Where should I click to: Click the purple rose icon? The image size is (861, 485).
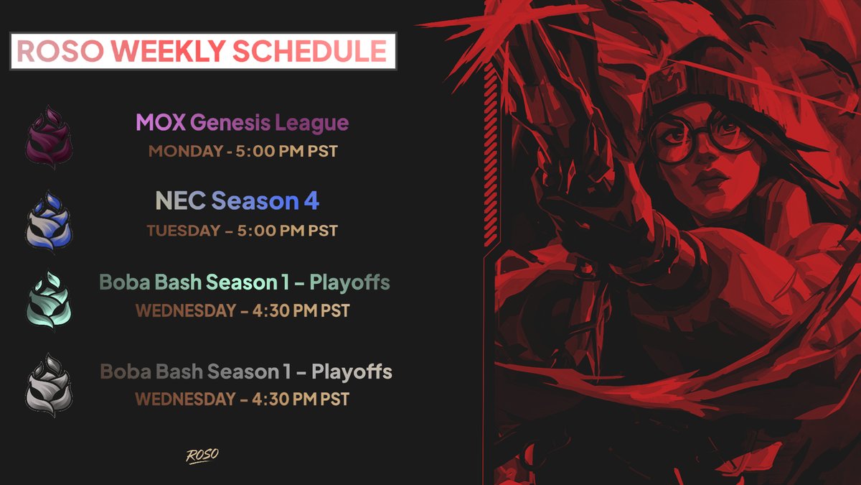(x=50, y=137)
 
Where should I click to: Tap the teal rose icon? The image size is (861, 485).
(x=50, y=301)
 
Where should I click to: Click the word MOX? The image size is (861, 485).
(x=161, y=122)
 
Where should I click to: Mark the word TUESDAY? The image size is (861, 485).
(x=184, y=231)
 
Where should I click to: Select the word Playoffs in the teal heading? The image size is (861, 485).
(x=349, y=282)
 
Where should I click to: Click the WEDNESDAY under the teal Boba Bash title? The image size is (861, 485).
(x=185, y=312)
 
